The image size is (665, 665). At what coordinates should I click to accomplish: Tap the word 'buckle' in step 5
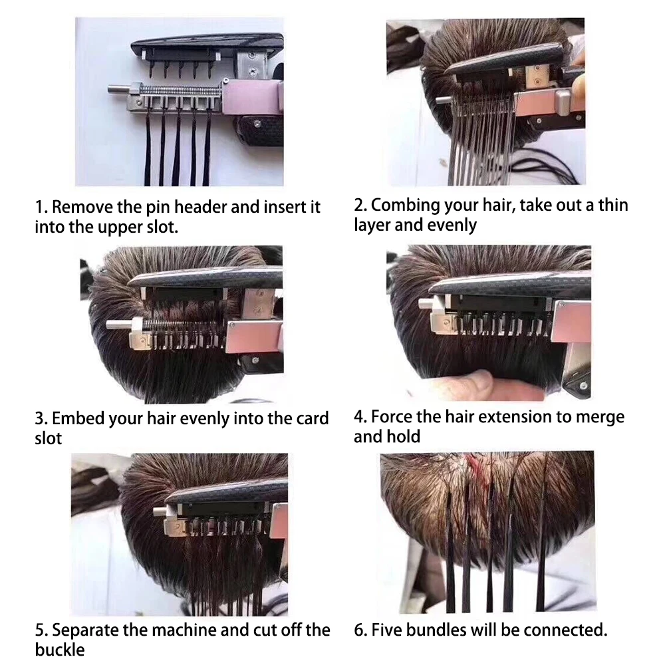60,650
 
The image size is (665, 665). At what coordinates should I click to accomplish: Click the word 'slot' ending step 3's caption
49,438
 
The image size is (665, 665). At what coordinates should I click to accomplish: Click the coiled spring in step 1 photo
181,90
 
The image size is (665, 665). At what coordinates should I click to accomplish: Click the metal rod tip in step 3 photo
111,325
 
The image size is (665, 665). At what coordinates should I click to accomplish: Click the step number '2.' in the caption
360,205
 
